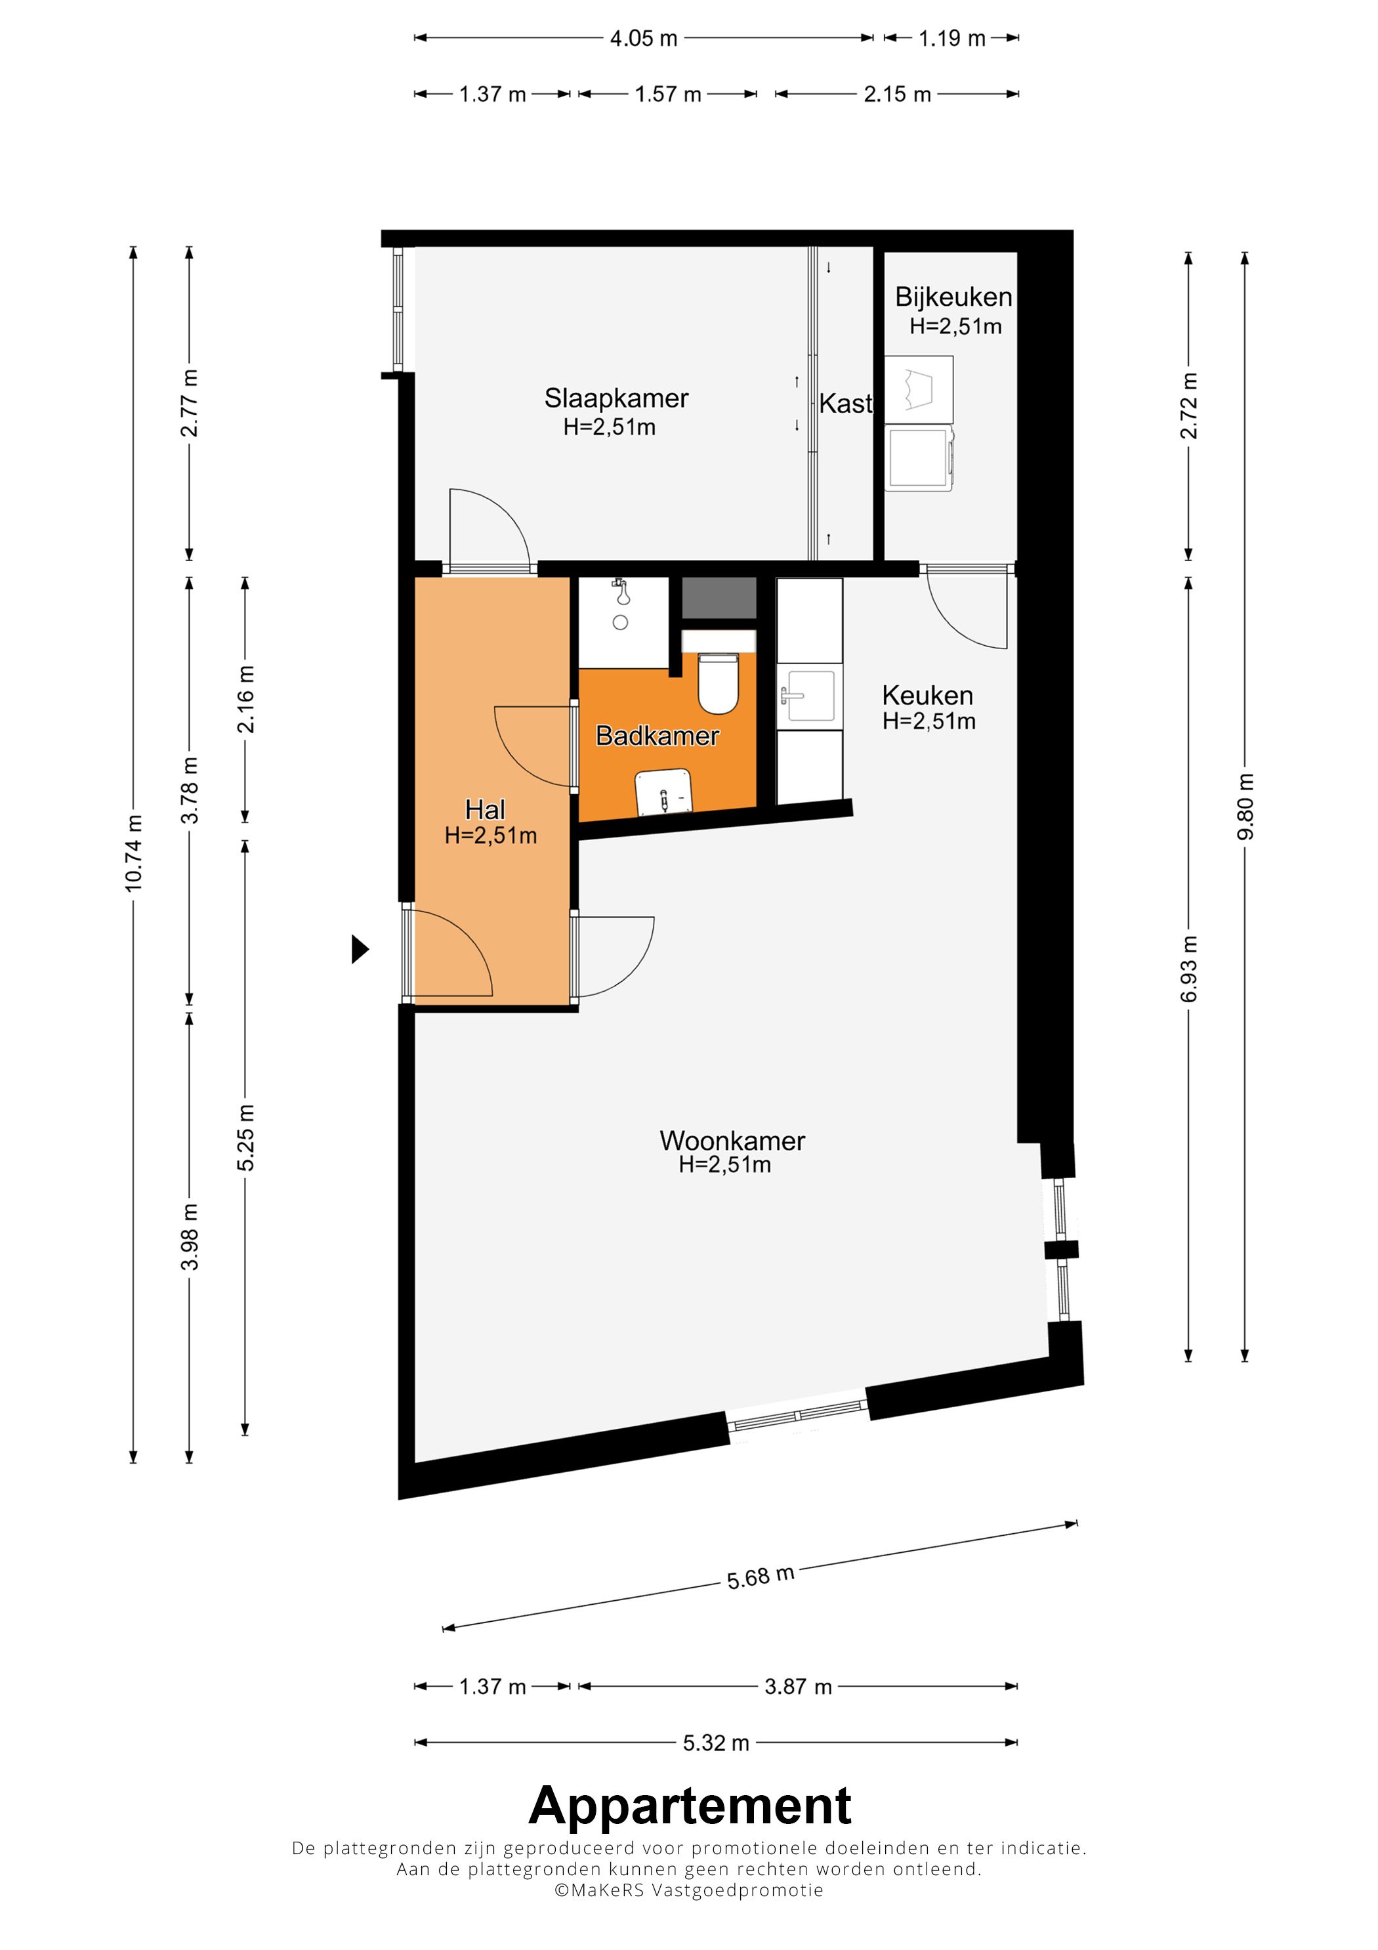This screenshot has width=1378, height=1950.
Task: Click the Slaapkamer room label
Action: (x=616, y=398)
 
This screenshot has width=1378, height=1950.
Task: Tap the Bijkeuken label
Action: (x=953, y=297)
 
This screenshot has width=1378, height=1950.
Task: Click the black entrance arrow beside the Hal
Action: (x=360, y=948)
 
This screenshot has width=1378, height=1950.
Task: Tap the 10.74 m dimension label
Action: (x=133, y=853)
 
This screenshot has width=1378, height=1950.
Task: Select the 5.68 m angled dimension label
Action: (x=760, y=1577)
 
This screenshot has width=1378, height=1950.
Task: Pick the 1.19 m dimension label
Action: (x=951, y=38)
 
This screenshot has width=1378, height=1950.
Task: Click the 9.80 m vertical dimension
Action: (x=1245, y=807)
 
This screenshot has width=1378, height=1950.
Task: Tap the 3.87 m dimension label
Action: (x=797, y=1686)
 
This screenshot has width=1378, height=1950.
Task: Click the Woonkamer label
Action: (x=732, y=1141)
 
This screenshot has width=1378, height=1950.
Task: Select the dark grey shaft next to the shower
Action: (x=719, y=597)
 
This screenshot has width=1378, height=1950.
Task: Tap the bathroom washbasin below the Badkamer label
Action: (x=664, y=792)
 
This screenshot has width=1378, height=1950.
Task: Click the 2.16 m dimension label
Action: (x=245, y=699)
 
